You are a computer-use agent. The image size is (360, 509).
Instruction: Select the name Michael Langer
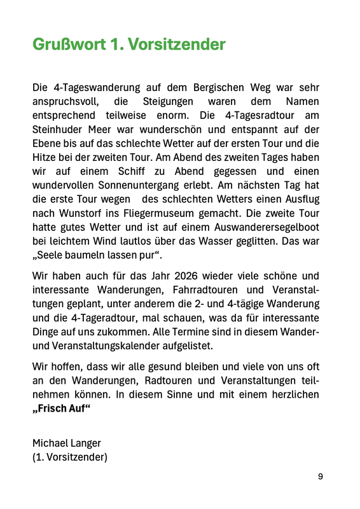pyautogui.click(x=67, y=443)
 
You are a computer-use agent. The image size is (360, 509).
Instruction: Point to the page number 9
pyautogui.click(x=321, y=476)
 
